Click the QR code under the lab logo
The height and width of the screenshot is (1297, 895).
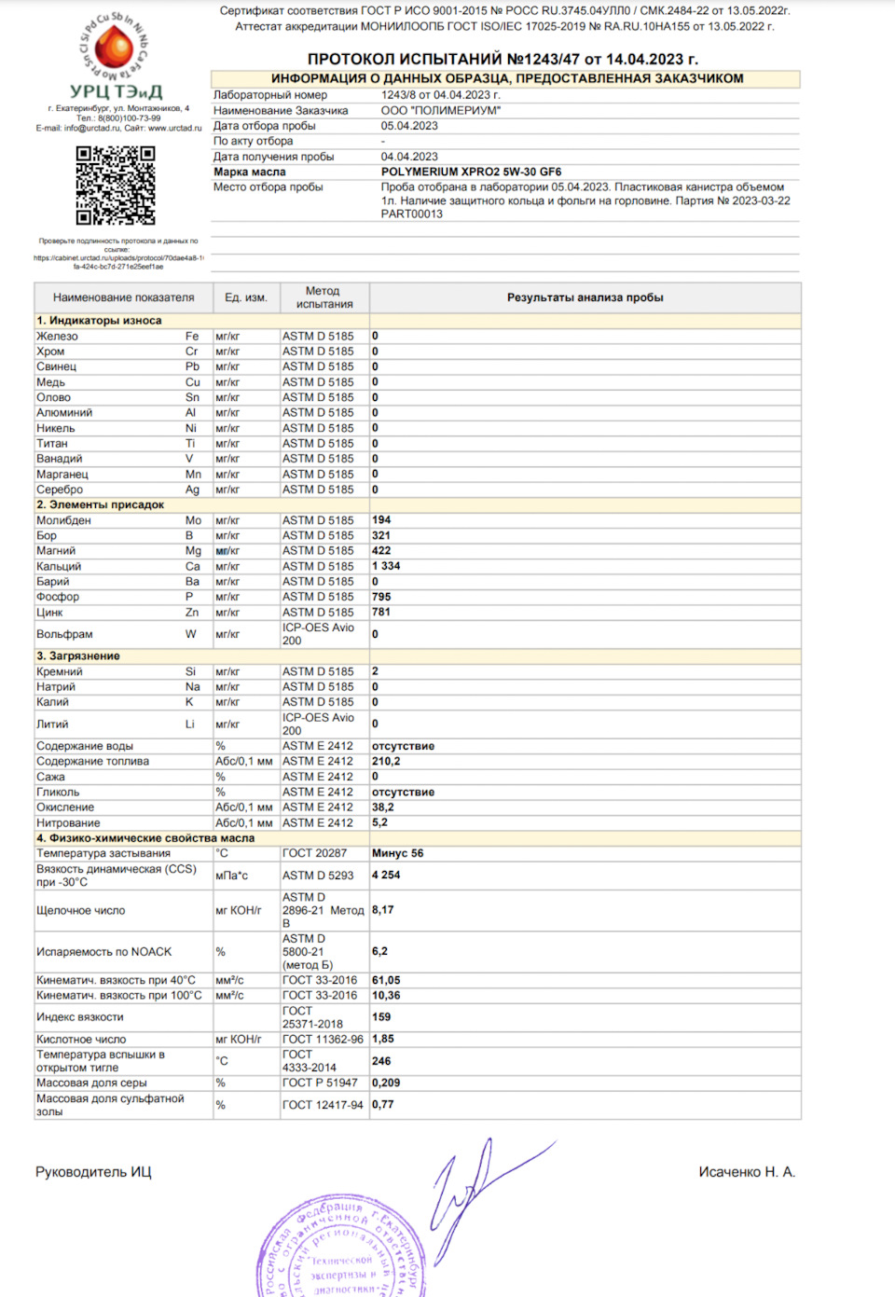click(x=116, y=185)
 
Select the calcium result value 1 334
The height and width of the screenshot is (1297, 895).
click(x=386, y=566)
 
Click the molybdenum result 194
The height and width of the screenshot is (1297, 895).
click(x=381, y=520)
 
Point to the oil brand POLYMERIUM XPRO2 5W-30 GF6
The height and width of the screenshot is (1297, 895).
click(x=471, y=172)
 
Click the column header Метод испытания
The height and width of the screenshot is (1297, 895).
click(x=324, y=297)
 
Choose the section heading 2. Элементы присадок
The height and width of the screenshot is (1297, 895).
click(x=101, y=504)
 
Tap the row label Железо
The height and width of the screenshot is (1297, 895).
click(x=58, y=336)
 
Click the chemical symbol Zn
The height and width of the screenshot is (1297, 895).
click(x=192, y=613)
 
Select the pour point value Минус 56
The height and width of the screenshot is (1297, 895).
click(x=397, y=853)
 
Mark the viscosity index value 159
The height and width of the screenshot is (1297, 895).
click(x=381, y=1017)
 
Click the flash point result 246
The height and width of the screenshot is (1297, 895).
click(x=381, y=1061)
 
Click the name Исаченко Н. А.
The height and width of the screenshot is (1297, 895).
click(x=747, y=1172)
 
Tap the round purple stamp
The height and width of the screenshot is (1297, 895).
click(x=340, y=1249)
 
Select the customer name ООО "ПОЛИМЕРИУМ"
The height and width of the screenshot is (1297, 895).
click(x=440, y=110)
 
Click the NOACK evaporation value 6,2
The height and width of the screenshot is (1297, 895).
click(x=379, y=951)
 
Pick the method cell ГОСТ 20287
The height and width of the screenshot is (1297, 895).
click(x=314, y=853)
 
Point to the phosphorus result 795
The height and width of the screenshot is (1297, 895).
click(x=381, y=597)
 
